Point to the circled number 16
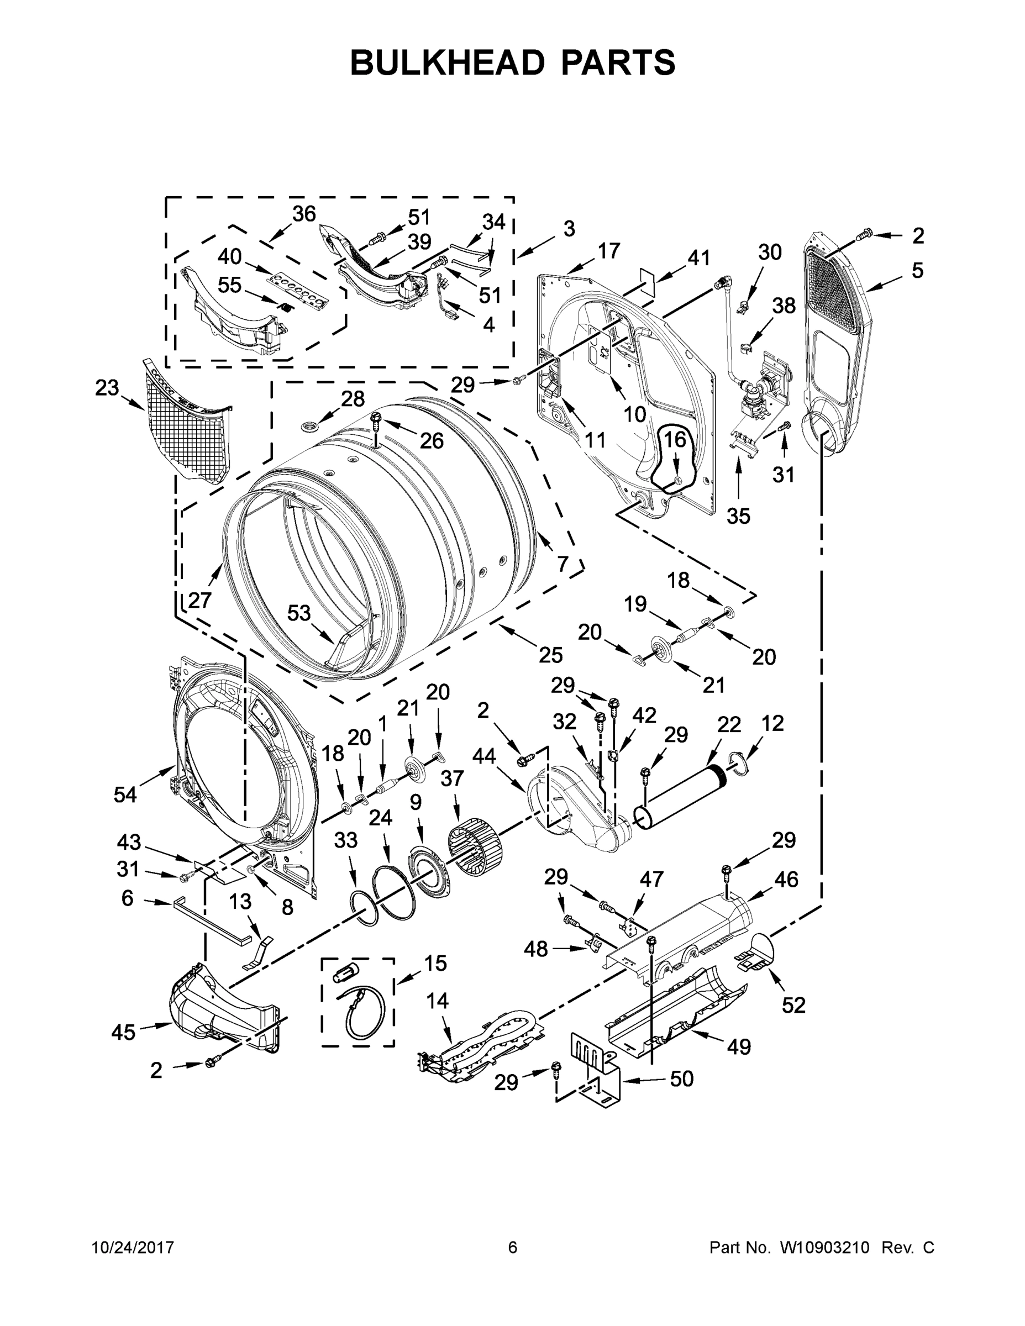pos(674,439)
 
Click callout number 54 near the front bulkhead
pos(125,793)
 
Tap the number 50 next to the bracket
pos(681,1096)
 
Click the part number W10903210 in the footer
pos(824,1247)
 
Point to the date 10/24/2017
pos(133,1247)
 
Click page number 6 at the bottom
pos(513,1247)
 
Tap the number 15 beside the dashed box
pos(435,963)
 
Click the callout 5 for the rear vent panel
pos(917,270)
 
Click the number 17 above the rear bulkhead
pos(608,250)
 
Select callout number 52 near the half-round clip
pos(793,1005)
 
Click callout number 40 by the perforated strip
pos(229,257)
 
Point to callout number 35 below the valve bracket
pos(738,515)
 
